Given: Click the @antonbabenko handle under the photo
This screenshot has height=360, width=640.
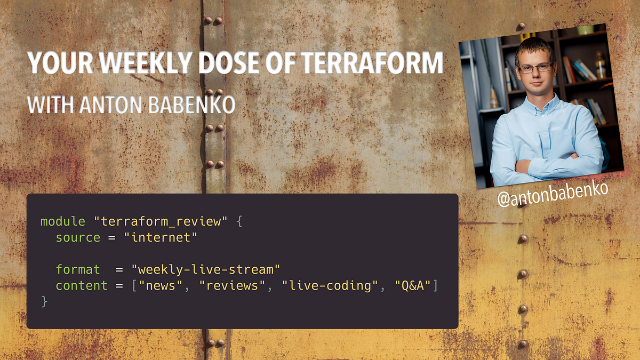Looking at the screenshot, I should (553, 196).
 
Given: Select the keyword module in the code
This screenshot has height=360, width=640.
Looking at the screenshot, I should (63, 221).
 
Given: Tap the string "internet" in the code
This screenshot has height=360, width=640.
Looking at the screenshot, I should (161, 237).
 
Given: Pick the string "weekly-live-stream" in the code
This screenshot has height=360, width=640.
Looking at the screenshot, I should (206, 269).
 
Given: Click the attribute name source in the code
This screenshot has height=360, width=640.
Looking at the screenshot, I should (78, 237).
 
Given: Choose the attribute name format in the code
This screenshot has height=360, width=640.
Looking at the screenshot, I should (78, 269).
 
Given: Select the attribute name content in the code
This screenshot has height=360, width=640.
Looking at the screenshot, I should (82, 285).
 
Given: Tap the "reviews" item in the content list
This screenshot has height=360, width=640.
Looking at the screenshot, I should (232, 285).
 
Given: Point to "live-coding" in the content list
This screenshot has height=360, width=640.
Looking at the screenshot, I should (330, 285).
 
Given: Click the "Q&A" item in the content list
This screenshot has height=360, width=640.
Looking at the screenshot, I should (413, 285).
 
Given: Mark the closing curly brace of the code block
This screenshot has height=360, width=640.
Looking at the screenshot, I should (44, 301).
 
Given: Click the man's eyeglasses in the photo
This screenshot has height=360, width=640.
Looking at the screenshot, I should (535, 68).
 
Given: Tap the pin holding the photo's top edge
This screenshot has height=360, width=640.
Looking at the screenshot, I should (521, 26).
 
